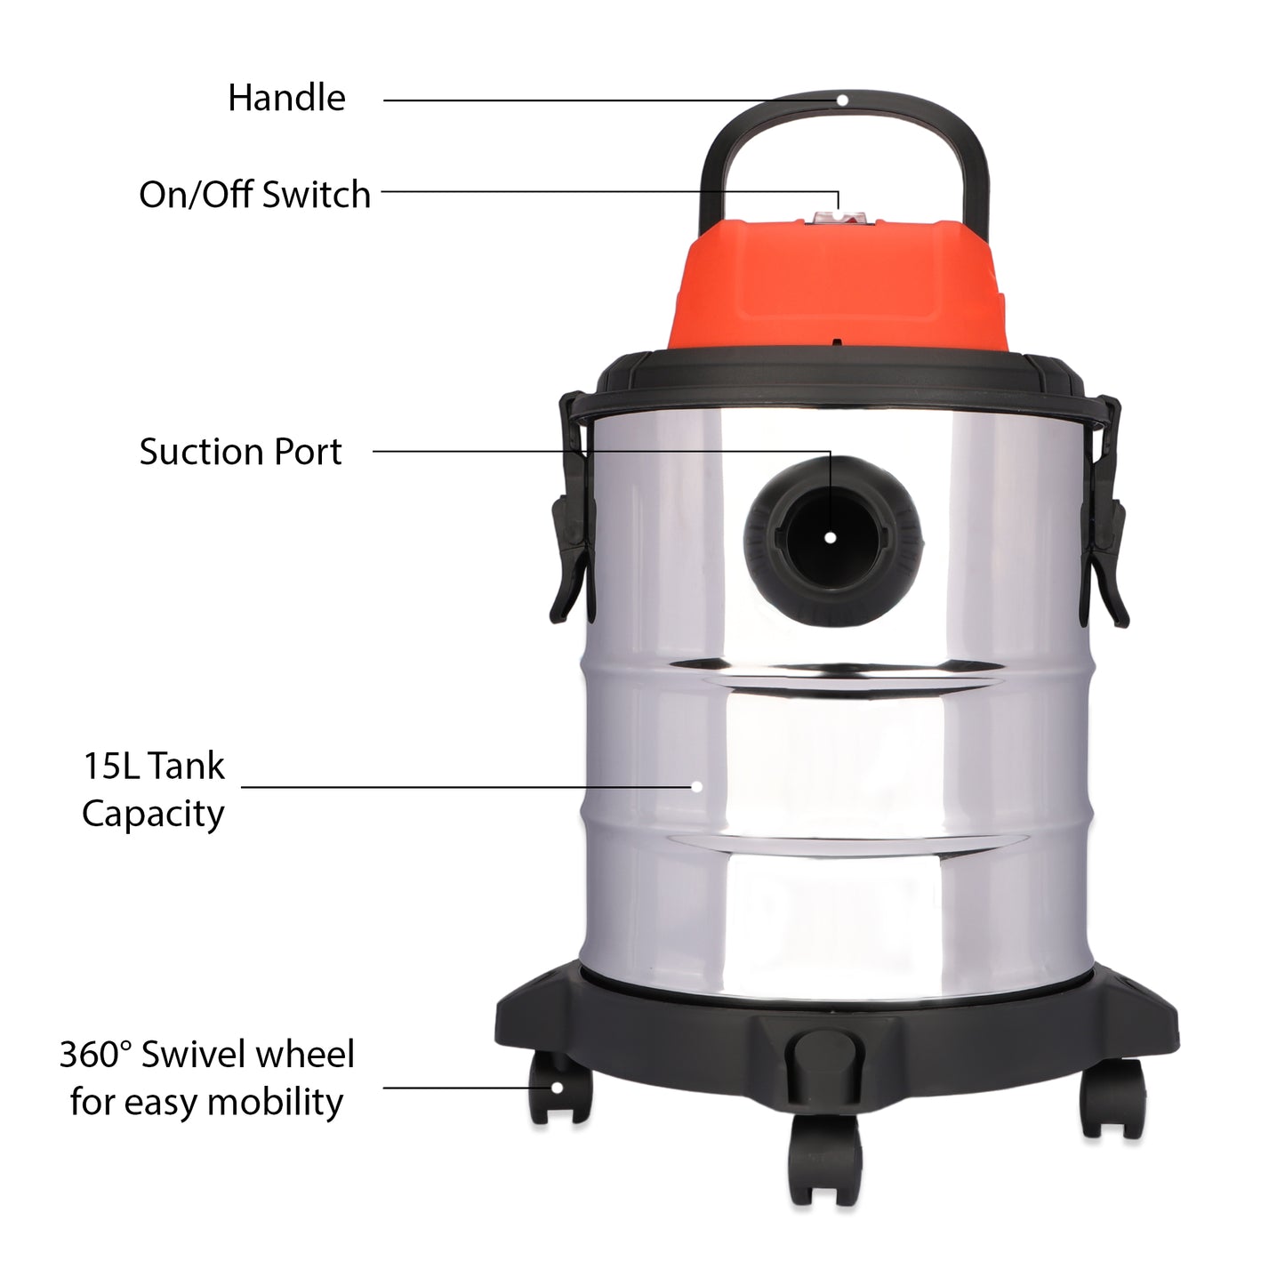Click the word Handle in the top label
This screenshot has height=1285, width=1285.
point(286,98)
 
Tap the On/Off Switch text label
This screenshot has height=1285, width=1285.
point(254,195)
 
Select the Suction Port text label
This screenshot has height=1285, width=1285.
point(240,452)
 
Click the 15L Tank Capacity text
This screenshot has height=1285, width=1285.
point(153,790)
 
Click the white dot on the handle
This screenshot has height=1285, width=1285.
point(842,100)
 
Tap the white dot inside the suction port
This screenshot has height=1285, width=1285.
point(830,537)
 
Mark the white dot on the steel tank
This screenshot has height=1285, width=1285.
point(697,786)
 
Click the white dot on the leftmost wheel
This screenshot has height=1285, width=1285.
point(557,1087)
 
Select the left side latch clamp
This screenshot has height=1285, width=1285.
point(569,516)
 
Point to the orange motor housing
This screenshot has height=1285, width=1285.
point(836,285)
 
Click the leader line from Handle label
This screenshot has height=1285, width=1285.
point(605,100)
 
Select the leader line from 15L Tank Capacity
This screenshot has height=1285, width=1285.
point(462,787)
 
